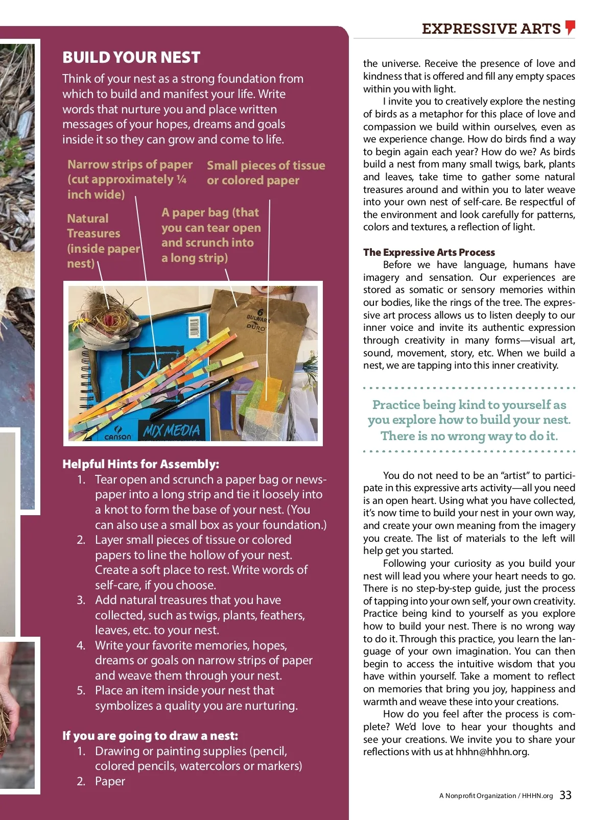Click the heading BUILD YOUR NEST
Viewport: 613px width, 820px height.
click(131, 57)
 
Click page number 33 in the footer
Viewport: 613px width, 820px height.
click(565, 795)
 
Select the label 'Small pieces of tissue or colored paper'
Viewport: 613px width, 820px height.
click(266, 173)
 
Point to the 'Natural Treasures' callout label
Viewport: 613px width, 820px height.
click(102, 240)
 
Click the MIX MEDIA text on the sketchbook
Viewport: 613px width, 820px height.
click(172, 431)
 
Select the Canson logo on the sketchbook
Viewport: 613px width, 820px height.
click(117, 435)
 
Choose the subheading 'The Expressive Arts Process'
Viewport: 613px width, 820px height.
click(429, 252)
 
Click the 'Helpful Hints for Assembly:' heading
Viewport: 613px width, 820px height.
click(140, 464)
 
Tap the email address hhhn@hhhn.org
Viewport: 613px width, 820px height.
click(492, 752)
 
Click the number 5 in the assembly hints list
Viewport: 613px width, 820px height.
click(81, 691)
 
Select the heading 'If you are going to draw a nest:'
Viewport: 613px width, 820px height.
click(150, 736)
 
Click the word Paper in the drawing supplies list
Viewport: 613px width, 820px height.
click(110, 781)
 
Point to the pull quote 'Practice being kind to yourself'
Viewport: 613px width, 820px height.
click(469, 420)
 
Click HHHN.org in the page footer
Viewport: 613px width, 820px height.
click(537, 795)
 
